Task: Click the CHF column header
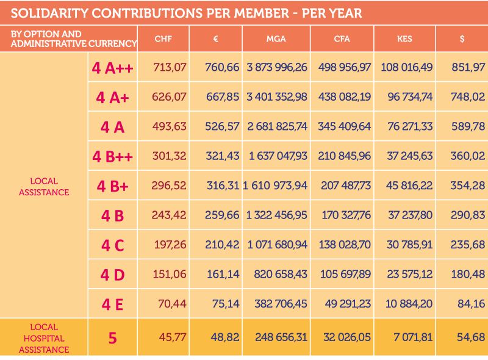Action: [163, 39]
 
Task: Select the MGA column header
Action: [276, 39]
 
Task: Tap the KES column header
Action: [404, 39]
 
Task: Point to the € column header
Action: [215, 39]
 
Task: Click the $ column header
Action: [462, 39]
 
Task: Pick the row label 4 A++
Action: [112, 67]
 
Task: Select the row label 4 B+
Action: [112, 186]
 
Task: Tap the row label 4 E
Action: [112, 304]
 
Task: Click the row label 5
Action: [112, 337]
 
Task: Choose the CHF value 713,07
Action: [170, 67]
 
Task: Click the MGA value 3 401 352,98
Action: [277, 96]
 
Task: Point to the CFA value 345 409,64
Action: [344, 126]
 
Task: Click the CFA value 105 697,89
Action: [344, 275]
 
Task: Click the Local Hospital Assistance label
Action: [44, 338]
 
